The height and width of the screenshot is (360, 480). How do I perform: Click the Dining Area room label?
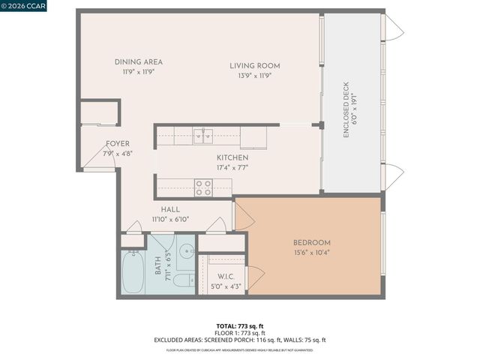138,62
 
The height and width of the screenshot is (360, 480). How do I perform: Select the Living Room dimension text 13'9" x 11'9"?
254,76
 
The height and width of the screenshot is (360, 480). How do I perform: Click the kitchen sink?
202,135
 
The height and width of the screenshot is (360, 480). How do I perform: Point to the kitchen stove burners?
203,187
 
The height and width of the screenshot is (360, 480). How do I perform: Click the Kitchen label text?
232,157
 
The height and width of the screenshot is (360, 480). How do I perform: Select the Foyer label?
117,143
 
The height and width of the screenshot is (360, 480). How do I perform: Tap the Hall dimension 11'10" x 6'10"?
170,220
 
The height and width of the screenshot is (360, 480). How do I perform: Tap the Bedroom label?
311,243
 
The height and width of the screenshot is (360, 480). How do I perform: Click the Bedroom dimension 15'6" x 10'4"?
311,253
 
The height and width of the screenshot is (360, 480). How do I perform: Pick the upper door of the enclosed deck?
392,28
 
